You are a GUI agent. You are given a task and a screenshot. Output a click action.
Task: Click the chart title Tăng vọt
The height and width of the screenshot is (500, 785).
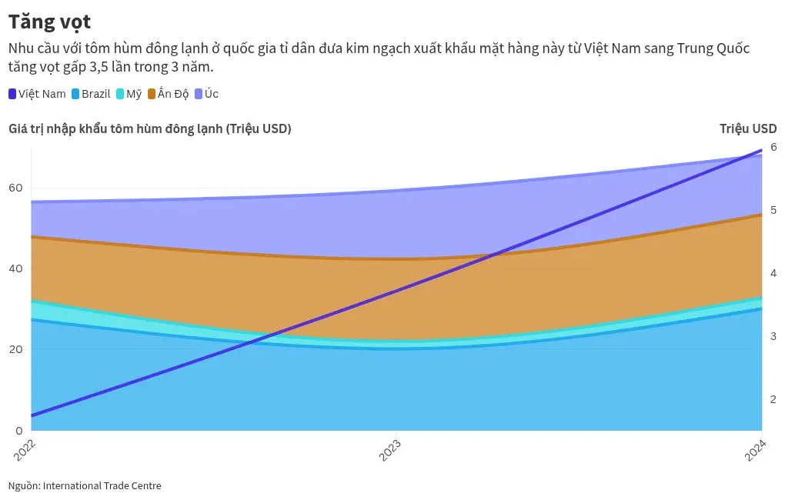49,22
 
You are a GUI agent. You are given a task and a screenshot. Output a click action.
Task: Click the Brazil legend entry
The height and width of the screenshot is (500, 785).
91,94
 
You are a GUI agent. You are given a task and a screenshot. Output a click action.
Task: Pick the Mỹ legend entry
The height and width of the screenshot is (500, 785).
129,94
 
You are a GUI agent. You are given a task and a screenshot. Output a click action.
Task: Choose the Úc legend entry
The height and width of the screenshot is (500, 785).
205,94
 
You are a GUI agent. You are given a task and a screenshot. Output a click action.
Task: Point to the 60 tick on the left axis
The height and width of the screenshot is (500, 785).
15,188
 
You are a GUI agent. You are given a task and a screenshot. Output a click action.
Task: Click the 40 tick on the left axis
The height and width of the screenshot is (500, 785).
15,268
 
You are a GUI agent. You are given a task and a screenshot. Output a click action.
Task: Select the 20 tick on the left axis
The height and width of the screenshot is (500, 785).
15,349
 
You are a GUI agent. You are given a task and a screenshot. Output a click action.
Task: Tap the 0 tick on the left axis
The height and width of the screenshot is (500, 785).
19,430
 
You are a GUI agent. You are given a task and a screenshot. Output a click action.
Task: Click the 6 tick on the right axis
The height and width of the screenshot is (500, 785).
773,146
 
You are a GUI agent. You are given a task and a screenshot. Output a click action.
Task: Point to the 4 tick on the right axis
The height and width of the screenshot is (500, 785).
773,273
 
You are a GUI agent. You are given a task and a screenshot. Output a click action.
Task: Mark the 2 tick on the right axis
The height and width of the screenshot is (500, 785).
773,399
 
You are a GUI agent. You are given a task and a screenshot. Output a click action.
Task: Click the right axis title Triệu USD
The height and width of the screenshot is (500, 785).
748,128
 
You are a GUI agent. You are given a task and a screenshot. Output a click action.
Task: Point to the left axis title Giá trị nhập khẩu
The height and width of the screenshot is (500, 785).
149,128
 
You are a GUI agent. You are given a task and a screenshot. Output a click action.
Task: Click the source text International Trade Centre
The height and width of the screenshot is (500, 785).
102,485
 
